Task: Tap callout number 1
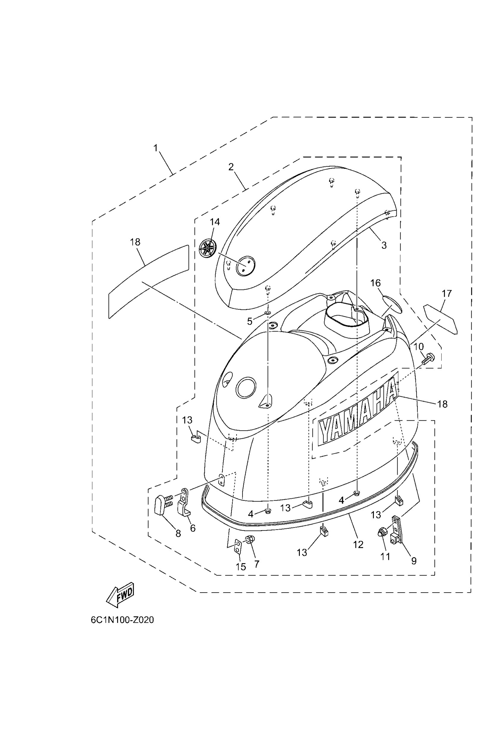pos(156,148)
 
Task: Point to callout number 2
pos(231,167)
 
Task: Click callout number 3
pos(384,245)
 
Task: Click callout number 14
pos(215,222)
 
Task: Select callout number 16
pos(375,283)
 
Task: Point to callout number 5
pos(250,321)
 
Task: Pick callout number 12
pos(358,545)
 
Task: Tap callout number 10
pos(418,346)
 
